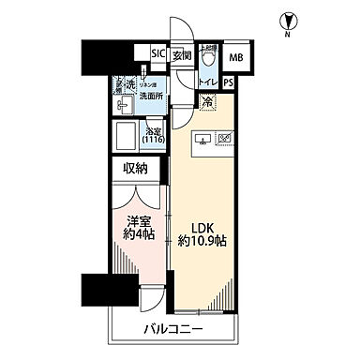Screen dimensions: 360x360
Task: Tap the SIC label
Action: [157, 54]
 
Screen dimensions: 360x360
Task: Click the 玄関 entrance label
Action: [181, 54]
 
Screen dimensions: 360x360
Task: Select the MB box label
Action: [235, 56]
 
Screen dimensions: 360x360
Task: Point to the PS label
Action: [229, 83]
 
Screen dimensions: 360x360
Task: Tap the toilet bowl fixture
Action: [209, 58]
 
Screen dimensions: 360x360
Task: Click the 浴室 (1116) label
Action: [152, 134]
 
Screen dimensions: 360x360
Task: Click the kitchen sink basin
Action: [202, 141]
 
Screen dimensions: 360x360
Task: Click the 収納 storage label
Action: [136, 169]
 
